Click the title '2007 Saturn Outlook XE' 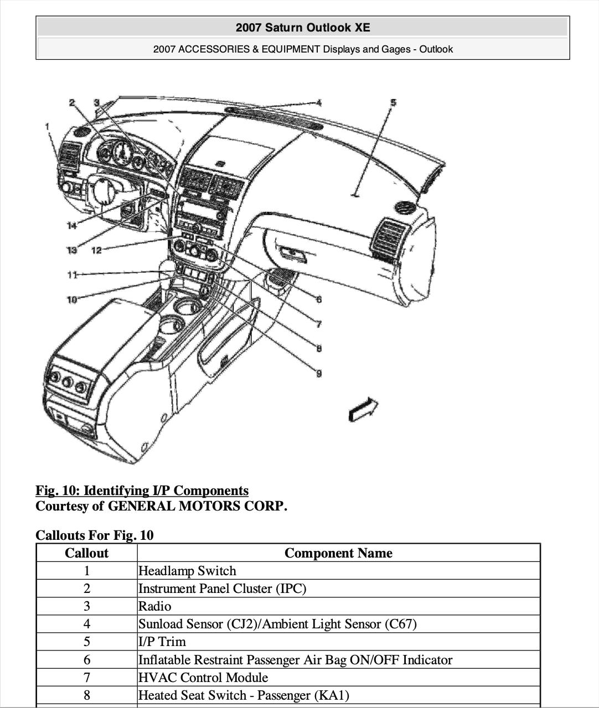302,28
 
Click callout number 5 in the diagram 393,102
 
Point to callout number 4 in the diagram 319,102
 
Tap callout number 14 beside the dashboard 71,225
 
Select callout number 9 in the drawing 319,373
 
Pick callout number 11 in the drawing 72,274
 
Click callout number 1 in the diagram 48,127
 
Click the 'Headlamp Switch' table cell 187,571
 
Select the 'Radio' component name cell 155,606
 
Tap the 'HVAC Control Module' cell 203,678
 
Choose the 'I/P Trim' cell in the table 162,642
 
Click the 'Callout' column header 86,553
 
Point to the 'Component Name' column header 338,553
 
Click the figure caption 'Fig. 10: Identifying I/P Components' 142,491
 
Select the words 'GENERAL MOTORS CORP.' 197,506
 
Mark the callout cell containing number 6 86,660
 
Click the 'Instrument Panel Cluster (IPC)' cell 222,589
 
